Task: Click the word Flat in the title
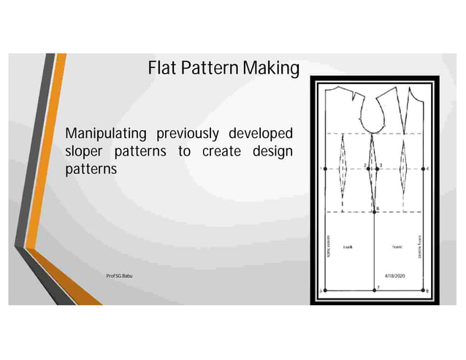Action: [162, 69]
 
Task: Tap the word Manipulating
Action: [104, 134]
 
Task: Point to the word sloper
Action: [85, 151]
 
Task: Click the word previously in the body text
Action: [186, 134]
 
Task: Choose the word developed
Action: [261, 134]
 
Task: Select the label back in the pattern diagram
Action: [348, 248]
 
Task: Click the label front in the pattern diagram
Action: [397, 247]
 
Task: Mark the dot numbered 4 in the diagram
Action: [424, 168]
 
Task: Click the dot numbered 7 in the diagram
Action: [375, 291]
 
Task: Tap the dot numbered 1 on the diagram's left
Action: [325, 168]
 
